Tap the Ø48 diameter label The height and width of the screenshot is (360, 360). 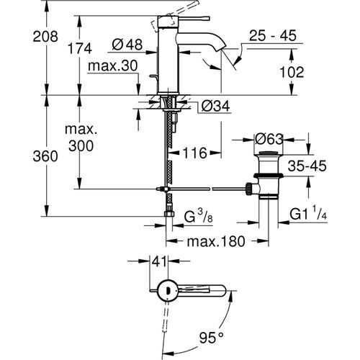pyautogui.click(x=128, y=45)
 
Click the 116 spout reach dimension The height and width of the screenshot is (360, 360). pyautogui.click(x=194, y=153)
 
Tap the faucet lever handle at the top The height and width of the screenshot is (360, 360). pyautogui.click(x=163, y=20)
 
